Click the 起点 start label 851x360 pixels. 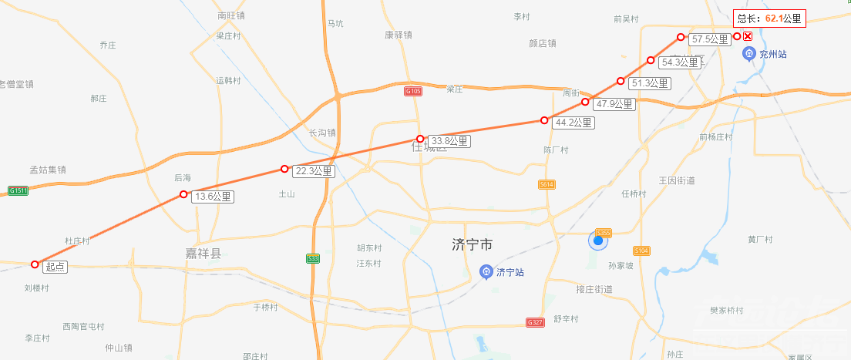click(55, 267)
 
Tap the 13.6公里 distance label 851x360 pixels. click(212, 197)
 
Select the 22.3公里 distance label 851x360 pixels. click(313, 171)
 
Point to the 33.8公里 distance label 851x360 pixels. click(449, 141)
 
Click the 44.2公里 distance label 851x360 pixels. click(573, 123)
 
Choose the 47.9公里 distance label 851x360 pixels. click(614, 104)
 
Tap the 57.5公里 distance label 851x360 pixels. click(709, 39)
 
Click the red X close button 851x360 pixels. click(748, 36)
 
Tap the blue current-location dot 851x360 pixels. click(597, 241)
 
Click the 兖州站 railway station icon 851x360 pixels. click(748, 54)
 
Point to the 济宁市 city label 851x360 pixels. click(472, 245)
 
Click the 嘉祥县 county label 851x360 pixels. click(203, 254)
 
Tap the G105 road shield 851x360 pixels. click(413, 91)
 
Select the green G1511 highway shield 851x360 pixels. click(18, 190)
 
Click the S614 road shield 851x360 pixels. click(547, 184)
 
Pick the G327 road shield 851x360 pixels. click(535, 321)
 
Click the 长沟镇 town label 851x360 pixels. click(322, 133)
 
